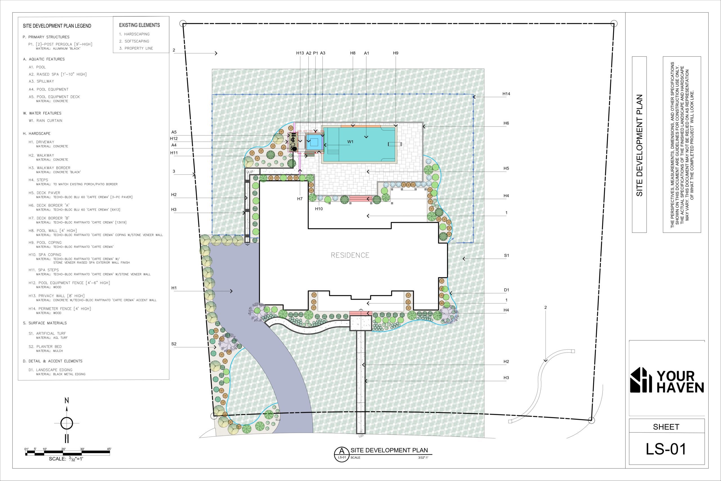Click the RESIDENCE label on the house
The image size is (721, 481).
click(x=350, y=255)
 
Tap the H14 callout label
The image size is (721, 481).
click(x=506, y=94)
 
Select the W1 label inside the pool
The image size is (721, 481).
click(x=350, y=142)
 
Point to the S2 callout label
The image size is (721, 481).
click(x=174, y=344)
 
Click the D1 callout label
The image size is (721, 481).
click(x=506, y=290)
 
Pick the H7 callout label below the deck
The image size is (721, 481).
click(x=300, y=199)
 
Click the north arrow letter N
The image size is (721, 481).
click(x=66, y=401)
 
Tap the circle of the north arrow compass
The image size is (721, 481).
click(x=66, y=423)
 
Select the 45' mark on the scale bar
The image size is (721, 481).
click(x=109, y=449)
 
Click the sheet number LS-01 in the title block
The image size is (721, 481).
click(x=666, y=449)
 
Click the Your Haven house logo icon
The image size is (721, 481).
click(x=641, y=380)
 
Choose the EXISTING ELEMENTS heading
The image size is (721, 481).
click(x=139, y=25)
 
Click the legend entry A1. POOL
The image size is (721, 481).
click(x=37, y=67)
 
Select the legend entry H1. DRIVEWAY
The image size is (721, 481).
click(x=41, y=142)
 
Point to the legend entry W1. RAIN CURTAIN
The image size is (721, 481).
click(x=45, y=121)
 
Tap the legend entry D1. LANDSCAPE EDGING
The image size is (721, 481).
click(x=51, y=370)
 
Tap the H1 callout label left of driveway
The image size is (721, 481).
click(x=174, y=288)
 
